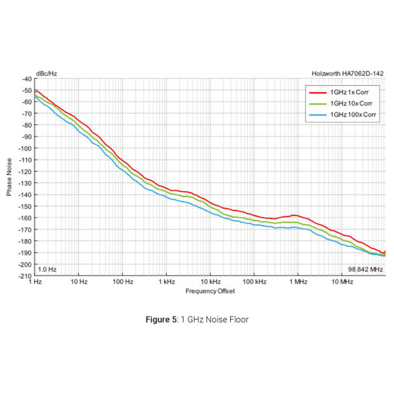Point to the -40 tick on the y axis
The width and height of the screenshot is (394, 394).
pos(26,79)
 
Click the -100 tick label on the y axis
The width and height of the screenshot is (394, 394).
pos(25,148)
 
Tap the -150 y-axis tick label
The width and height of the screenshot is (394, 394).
pos(25,206)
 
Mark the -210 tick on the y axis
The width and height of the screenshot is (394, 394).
pos(25,276)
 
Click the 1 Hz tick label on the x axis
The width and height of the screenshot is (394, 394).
pos(36,282)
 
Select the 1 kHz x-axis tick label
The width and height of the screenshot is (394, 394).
pos(167,282)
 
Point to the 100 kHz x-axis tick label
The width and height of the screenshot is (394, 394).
pos(254,282)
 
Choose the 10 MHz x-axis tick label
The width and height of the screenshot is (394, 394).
pos(342,282)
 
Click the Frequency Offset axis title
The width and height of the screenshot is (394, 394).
pos(210,291)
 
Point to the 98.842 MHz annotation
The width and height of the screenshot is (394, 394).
pos(365,269)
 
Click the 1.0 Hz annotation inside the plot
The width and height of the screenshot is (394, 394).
pos(48,269)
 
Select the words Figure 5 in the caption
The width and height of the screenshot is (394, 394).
pos(161,319)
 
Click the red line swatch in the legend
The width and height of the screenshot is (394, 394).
pos(316,92)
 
